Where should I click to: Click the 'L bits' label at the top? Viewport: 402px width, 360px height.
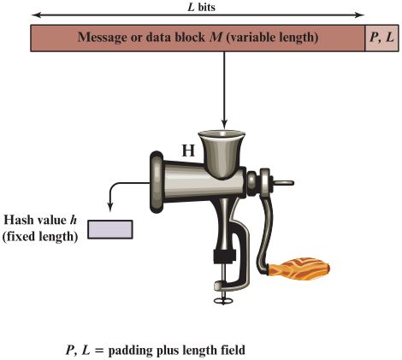click(201, 7)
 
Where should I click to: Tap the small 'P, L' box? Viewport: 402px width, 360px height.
click(381, 38)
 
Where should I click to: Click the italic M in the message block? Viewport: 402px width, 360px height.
click(216, 37)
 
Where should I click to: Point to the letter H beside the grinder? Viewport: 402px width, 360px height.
click(188, 150)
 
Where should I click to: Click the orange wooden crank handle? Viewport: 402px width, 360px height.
click(299, 269)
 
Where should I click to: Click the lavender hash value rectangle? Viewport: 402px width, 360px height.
click(110, 229)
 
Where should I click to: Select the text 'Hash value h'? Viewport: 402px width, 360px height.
click(40, 220)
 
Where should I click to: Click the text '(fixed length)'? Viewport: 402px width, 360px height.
click(40, 237)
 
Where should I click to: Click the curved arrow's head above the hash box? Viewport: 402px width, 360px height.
click(110, 207)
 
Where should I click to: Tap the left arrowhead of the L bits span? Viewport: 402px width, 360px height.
click(36, 15)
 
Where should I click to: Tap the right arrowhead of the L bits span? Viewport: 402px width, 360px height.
click(360, 15)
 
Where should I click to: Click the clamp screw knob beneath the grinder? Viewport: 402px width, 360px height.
click(223, 300)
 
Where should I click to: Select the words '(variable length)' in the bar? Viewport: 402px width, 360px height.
click(272, 38)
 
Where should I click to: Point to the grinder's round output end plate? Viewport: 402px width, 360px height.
click(157, 182)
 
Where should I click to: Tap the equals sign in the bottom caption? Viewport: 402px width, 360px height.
click(98, 351)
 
